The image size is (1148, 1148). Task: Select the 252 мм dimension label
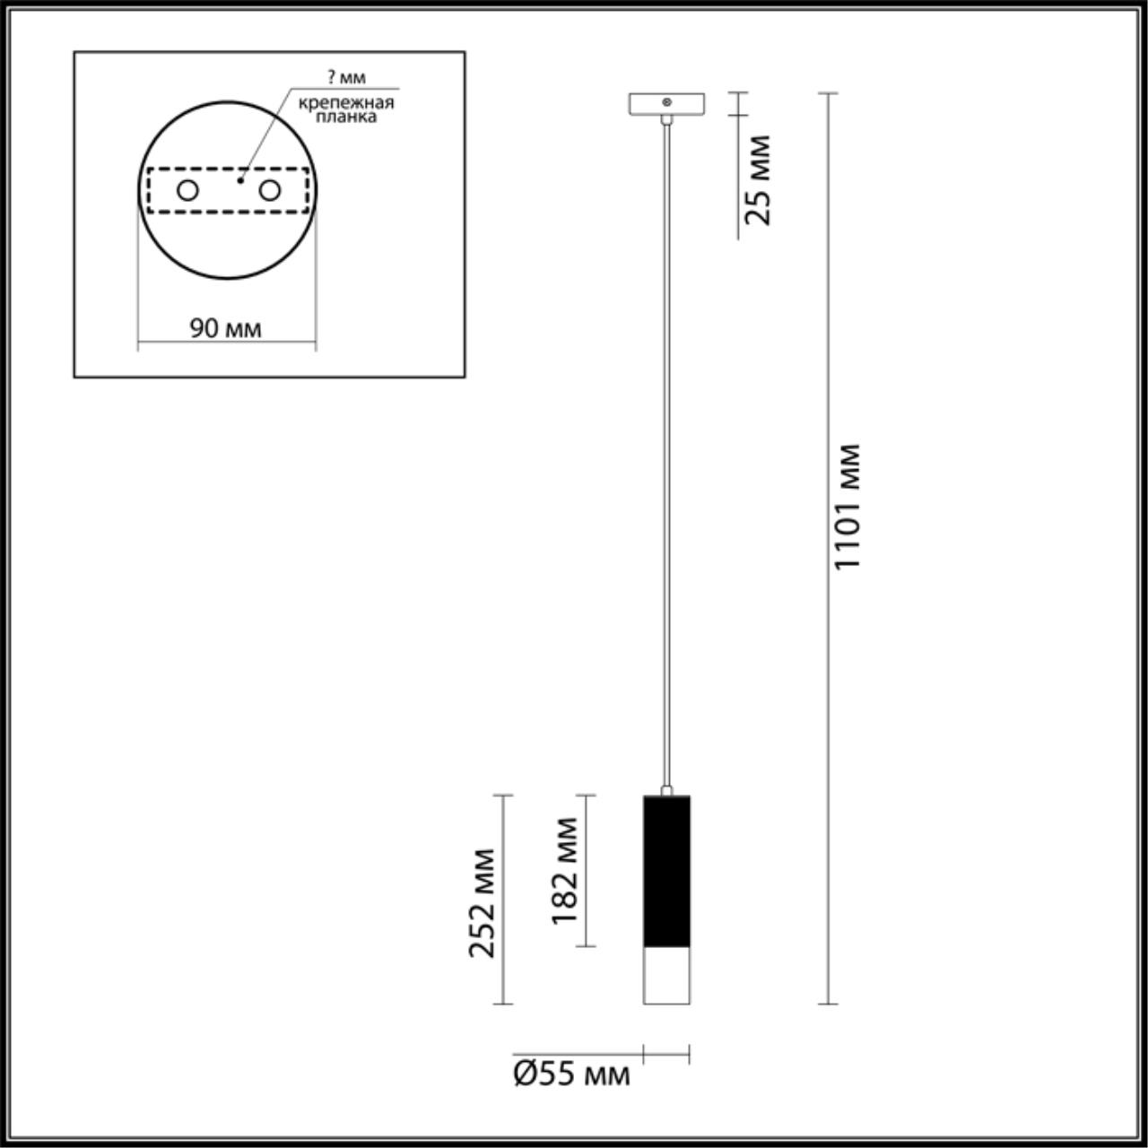click(x=483, y=901)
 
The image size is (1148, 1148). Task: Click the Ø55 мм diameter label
click(x=571, y=1073)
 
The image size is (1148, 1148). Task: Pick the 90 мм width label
click(x=225, y=328)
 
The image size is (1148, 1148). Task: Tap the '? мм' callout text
click(x=346, y=77)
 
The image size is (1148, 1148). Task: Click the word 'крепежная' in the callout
click(x=346, y=101)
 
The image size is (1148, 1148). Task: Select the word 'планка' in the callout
click(x=346, y=116)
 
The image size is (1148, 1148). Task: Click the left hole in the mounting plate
click(x=187, y=190)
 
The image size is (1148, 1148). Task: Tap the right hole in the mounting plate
click(x=269, y=190)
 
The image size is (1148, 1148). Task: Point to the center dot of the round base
click(x=239, y=181)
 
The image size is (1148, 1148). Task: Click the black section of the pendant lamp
click(x=666, y=870)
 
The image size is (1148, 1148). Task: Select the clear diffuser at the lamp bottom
click(x=666, y=975)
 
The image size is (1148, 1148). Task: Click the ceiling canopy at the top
click(x=666, y=103)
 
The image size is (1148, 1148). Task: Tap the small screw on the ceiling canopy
click(x=666, y=102)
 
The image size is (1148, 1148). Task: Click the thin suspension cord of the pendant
click(x=666, y=448)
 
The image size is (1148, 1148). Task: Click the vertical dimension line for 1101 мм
click(x=828, y=717)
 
